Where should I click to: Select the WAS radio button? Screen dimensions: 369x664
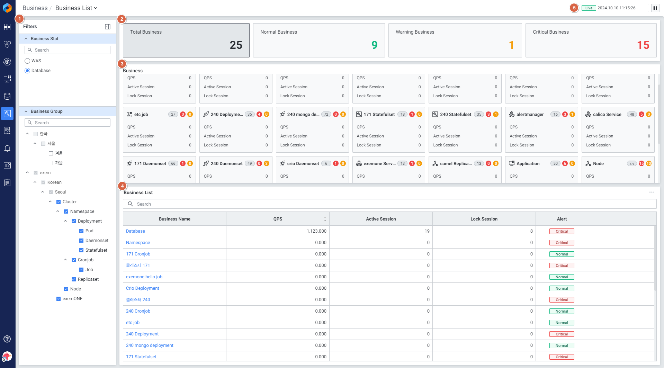tap(27, 61)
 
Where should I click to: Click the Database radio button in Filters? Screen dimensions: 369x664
tap(27, 71)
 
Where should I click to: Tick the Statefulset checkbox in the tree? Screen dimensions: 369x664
tap(81, 250)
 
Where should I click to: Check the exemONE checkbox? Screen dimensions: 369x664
tap(59, 299)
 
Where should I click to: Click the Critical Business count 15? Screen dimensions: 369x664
tap(643, 45)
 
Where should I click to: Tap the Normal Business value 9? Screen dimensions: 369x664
tap(374, 45)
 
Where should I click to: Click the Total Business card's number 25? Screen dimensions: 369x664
tap(236, 45)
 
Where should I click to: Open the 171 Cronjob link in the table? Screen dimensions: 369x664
tap(138, 254)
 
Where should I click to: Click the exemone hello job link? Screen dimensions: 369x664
tap(144, 277)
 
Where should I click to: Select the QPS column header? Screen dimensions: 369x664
tap(278, 219)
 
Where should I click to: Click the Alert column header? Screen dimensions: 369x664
tap(562, 219)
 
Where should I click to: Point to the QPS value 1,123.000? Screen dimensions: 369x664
tap(316, 231)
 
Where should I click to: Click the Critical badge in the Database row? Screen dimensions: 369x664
tap(562, 231)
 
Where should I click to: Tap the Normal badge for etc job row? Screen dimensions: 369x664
tap(562, 323)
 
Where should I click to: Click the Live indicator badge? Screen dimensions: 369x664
tap(589, 8)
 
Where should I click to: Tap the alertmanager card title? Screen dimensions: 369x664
tap(530, 115)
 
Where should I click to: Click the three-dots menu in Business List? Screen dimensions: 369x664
tap(652, 192)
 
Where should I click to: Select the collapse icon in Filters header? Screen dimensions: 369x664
tap(108, 27)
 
